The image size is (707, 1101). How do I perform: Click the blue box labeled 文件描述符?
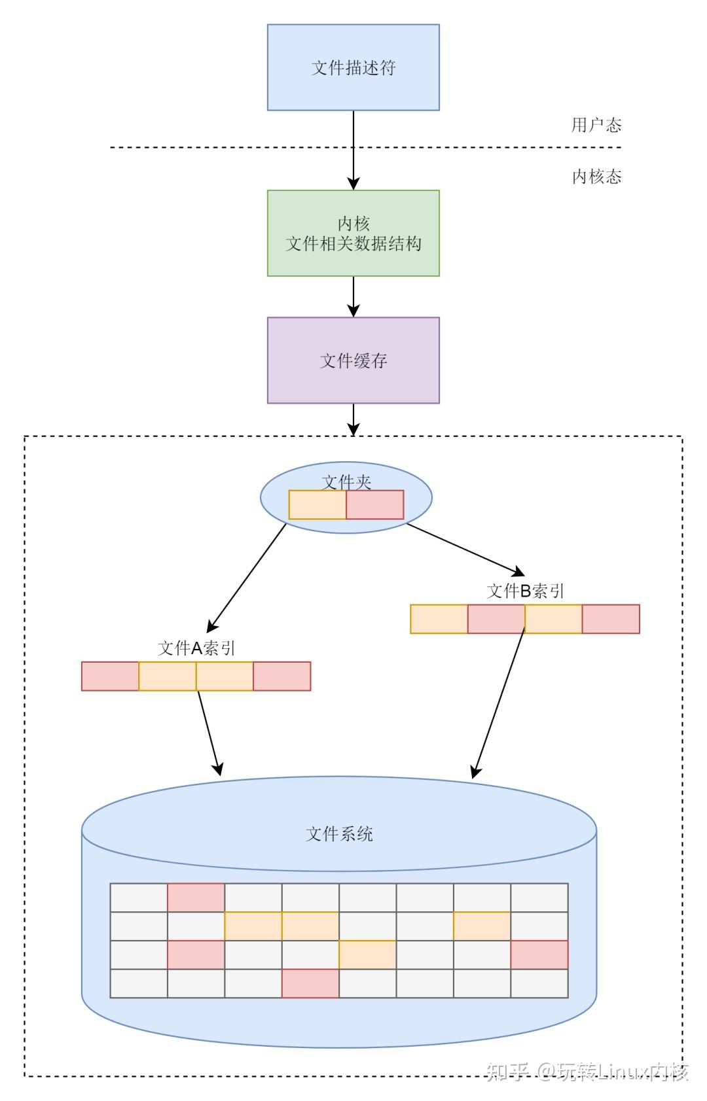pyautogui.click(x=353, y=67)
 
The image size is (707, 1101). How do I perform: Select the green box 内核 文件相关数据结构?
pyautogui.click(x=353, y=233)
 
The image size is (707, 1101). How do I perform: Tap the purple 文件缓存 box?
pyautogui.click(x=353, y=360)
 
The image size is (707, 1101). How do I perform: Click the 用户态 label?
pyautogui.click(x=596, y=125)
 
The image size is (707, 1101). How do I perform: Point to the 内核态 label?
pyautogui.click(x=596, y=177)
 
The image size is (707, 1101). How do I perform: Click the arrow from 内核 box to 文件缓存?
pyautogui.click(x=353, y=296)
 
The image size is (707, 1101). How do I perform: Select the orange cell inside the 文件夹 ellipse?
pyautogui.click(x=317, y=505)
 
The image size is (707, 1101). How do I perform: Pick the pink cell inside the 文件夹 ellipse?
pyautogui.click(x=374, y=505)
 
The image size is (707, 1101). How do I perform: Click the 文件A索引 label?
pyautogui.click(x=196, y=648)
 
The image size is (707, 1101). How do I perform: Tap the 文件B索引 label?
pyautogui.click(x=525, y=591)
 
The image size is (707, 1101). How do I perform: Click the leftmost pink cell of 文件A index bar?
pyautogui.click(x=110, y=676)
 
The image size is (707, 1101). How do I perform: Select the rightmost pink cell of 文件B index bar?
pyautogui.click(x=610, y=619)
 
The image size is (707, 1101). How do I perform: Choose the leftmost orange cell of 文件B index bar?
pyautogui.click(x=439, y=619)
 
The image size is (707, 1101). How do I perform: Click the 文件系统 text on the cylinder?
pyautogui.click(x=339, y=834)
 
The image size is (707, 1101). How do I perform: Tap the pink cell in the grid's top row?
pyautogui.click(x=196, y=898)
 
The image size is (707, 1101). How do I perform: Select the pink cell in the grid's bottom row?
pyautogui.click(x=310, y=983)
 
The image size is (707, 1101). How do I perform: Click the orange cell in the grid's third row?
pyautogui.click(x=367, y=954)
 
